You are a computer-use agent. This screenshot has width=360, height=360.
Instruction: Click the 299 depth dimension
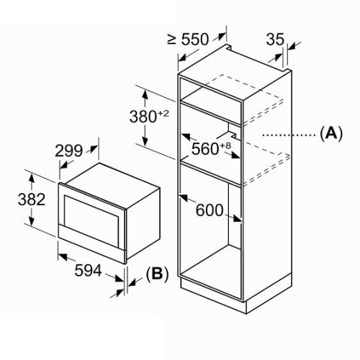69,151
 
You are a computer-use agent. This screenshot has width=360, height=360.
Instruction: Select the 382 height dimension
32,199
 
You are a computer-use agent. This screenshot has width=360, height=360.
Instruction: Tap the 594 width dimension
88,270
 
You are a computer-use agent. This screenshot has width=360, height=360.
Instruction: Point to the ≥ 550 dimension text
188,39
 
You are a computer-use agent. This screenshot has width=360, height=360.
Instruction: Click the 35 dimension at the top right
275,39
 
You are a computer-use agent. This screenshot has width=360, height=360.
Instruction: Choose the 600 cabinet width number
210,210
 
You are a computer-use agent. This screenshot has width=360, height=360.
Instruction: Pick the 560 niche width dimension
205,148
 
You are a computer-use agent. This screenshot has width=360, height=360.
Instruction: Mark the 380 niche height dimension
143,117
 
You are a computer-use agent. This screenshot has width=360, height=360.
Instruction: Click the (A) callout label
331,133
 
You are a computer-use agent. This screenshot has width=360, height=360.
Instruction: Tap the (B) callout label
157,274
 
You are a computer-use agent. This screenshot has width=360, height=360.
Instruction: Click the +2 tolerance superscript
163,113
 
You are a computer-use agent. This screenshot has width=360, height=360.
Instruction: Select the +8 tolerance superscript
225,145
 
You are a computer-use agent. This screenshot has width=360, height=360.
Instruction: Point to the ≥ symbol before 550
171,39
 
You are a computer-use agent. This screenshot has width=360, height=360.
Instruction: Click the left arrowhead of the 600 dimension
184,197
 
